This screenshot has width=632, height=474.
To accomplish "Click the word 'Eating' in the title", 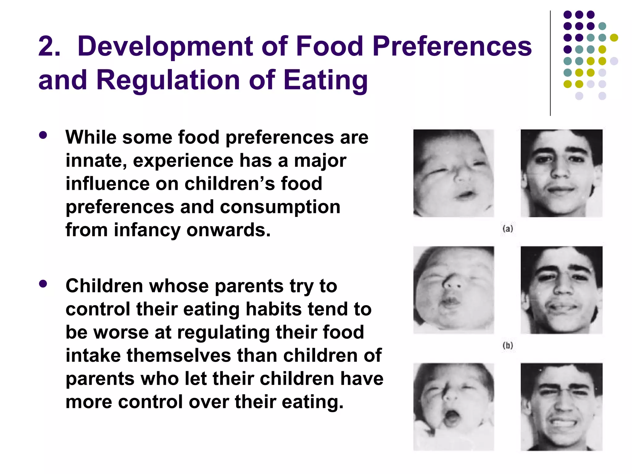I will pos(325,80).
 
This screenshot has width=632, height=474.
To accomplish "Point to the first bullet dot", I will pos(43,135).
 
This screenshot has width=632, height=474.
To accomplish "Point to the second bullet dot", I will pos(43,284).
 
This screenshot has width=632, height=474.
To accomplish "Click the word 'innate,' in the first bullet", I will pos(96,161).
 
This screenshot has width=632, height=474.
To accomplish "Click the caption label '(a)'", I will pos(508,229).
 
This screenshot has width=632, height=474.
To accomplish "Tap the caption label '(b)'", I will pos(508,345).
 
